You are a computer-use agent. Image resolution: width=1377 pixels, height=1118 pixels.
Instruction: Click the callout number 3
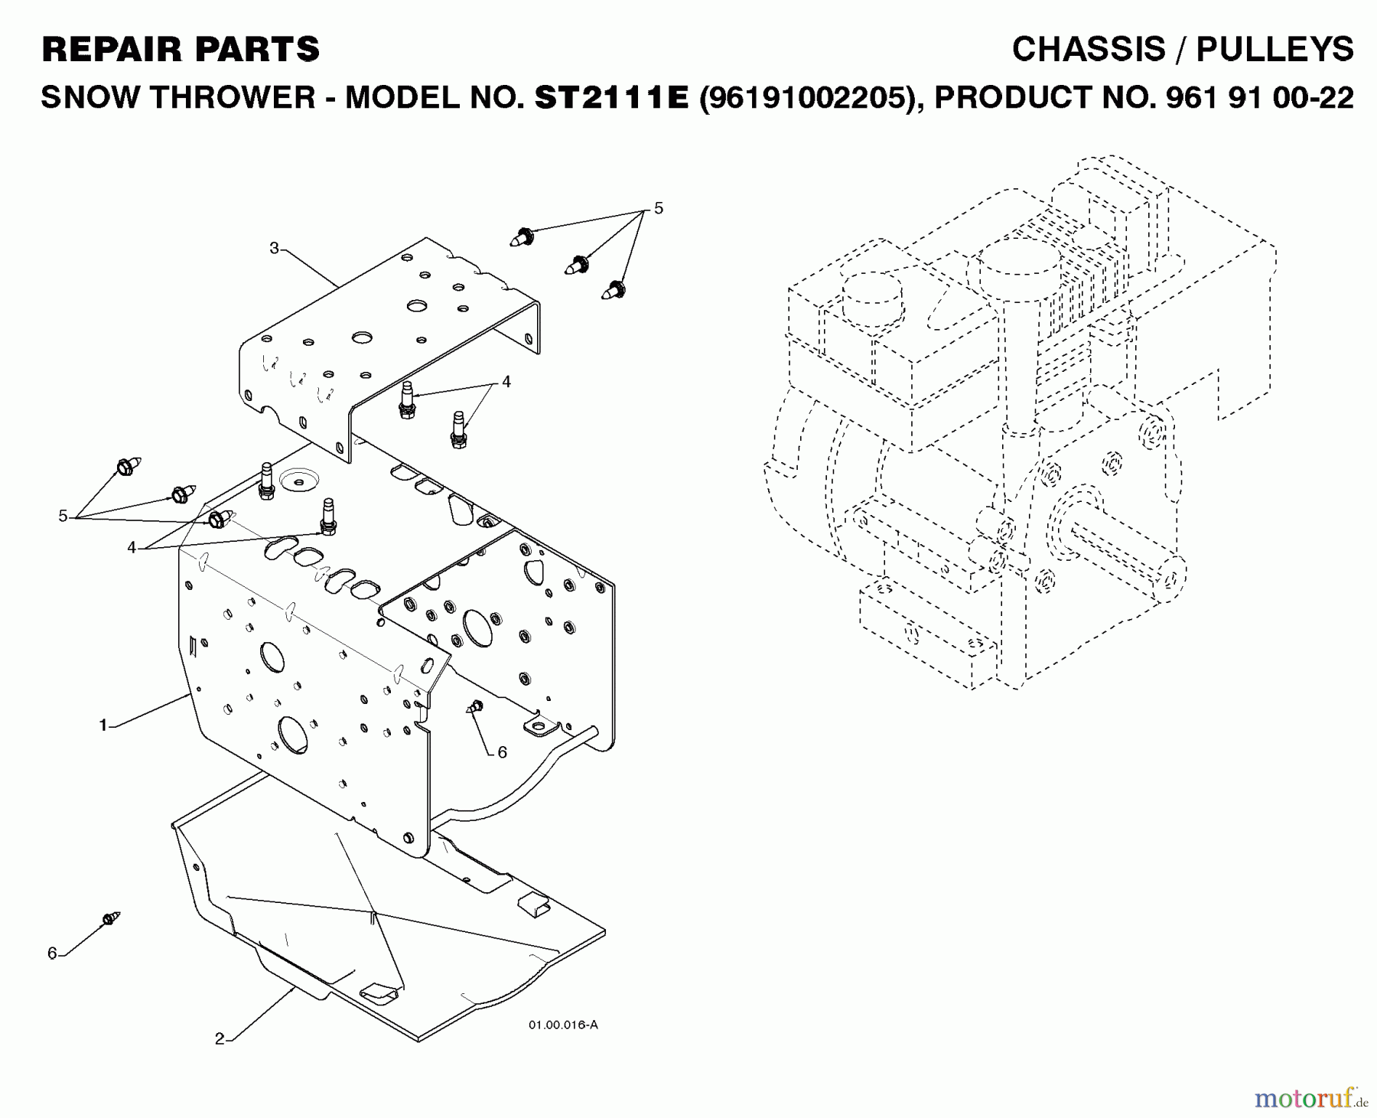point(274,247)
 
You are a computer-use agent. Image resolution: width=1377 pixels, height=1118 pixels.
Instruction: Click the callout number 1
point(103,725)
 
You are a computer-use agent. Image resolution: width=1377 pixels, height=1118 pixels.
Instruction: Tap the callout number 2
point(220,1038)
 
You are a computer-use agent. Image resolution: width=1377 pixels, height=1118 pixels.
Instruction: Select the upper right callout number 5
point(659,208)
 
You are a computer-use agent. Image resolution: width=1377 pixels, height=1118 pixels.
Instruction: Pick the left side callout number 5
point(63,516)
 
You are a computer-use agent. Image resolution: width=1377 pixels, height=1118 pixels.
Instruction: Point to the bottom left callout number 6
point(52,953)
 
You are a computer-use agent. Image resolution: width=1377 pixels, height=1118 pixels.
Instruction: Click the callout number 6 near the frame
point(502,752)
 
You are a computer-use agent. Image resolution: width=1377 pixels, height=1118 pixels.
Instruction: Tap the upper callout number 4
point(506,381)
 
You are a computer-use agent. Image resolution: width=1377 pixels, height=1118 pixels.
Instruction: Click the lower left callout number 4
point(132,547)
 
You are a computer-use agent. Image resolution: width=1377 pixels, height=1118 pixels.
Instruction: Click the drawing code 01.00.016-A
point(562,1024)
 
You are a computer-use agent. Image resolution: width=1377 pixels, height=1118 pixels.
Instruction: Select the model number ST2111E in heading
point(611,98)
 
